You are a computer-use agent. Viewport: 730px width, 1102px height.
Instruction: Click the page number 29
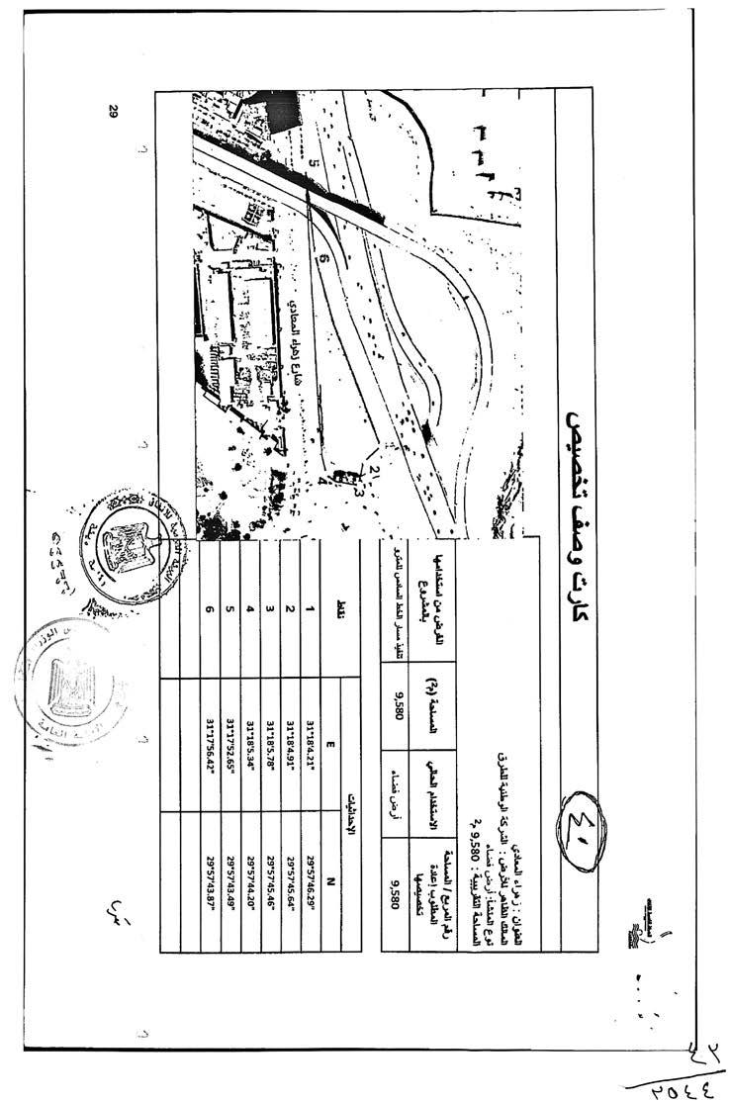113,112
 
